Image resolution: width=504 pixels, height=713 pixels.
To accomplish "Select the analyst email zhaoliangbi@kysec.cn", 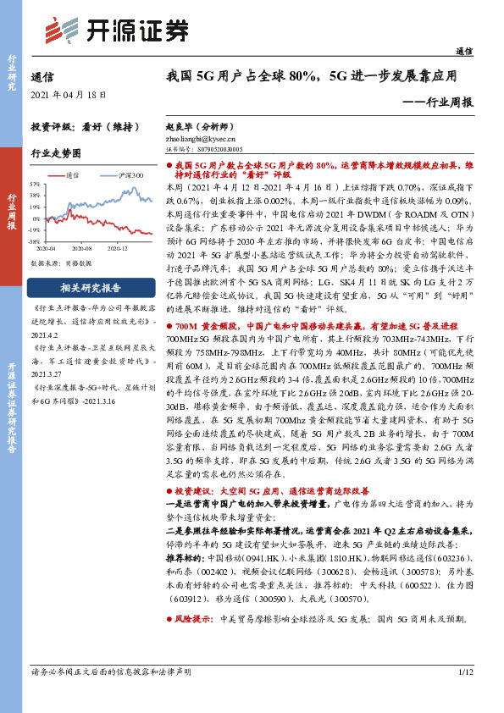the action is coord(200,136).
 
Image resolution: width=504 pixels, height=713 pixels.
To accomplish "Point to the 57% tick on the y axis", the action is coord(35,183).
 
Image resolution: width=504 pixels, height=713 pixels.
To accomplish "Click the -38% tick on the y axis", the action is coord(35,240).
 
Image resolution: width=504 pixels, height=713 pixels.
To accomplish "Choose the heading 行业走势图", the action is coord(55,153).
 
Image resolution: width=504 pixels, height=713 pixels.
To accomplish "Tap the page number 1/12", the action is coord(464,696).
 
